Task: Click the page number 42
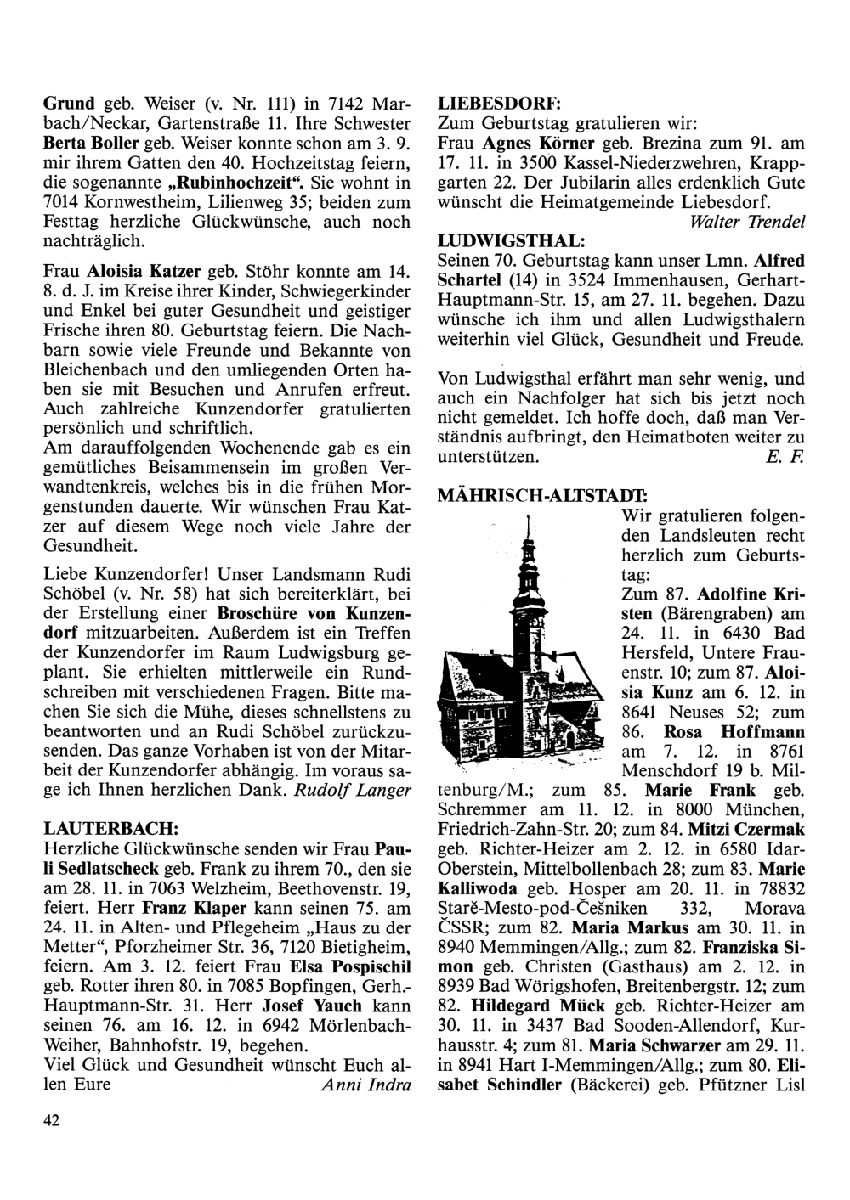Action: (x=52, y=1121)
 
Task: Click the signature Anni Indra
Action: (x=366, y=1085)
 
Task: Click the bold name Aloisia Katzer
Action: (x=144, y=273)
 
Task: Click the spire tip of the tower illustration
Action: (x=528, y=517)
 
